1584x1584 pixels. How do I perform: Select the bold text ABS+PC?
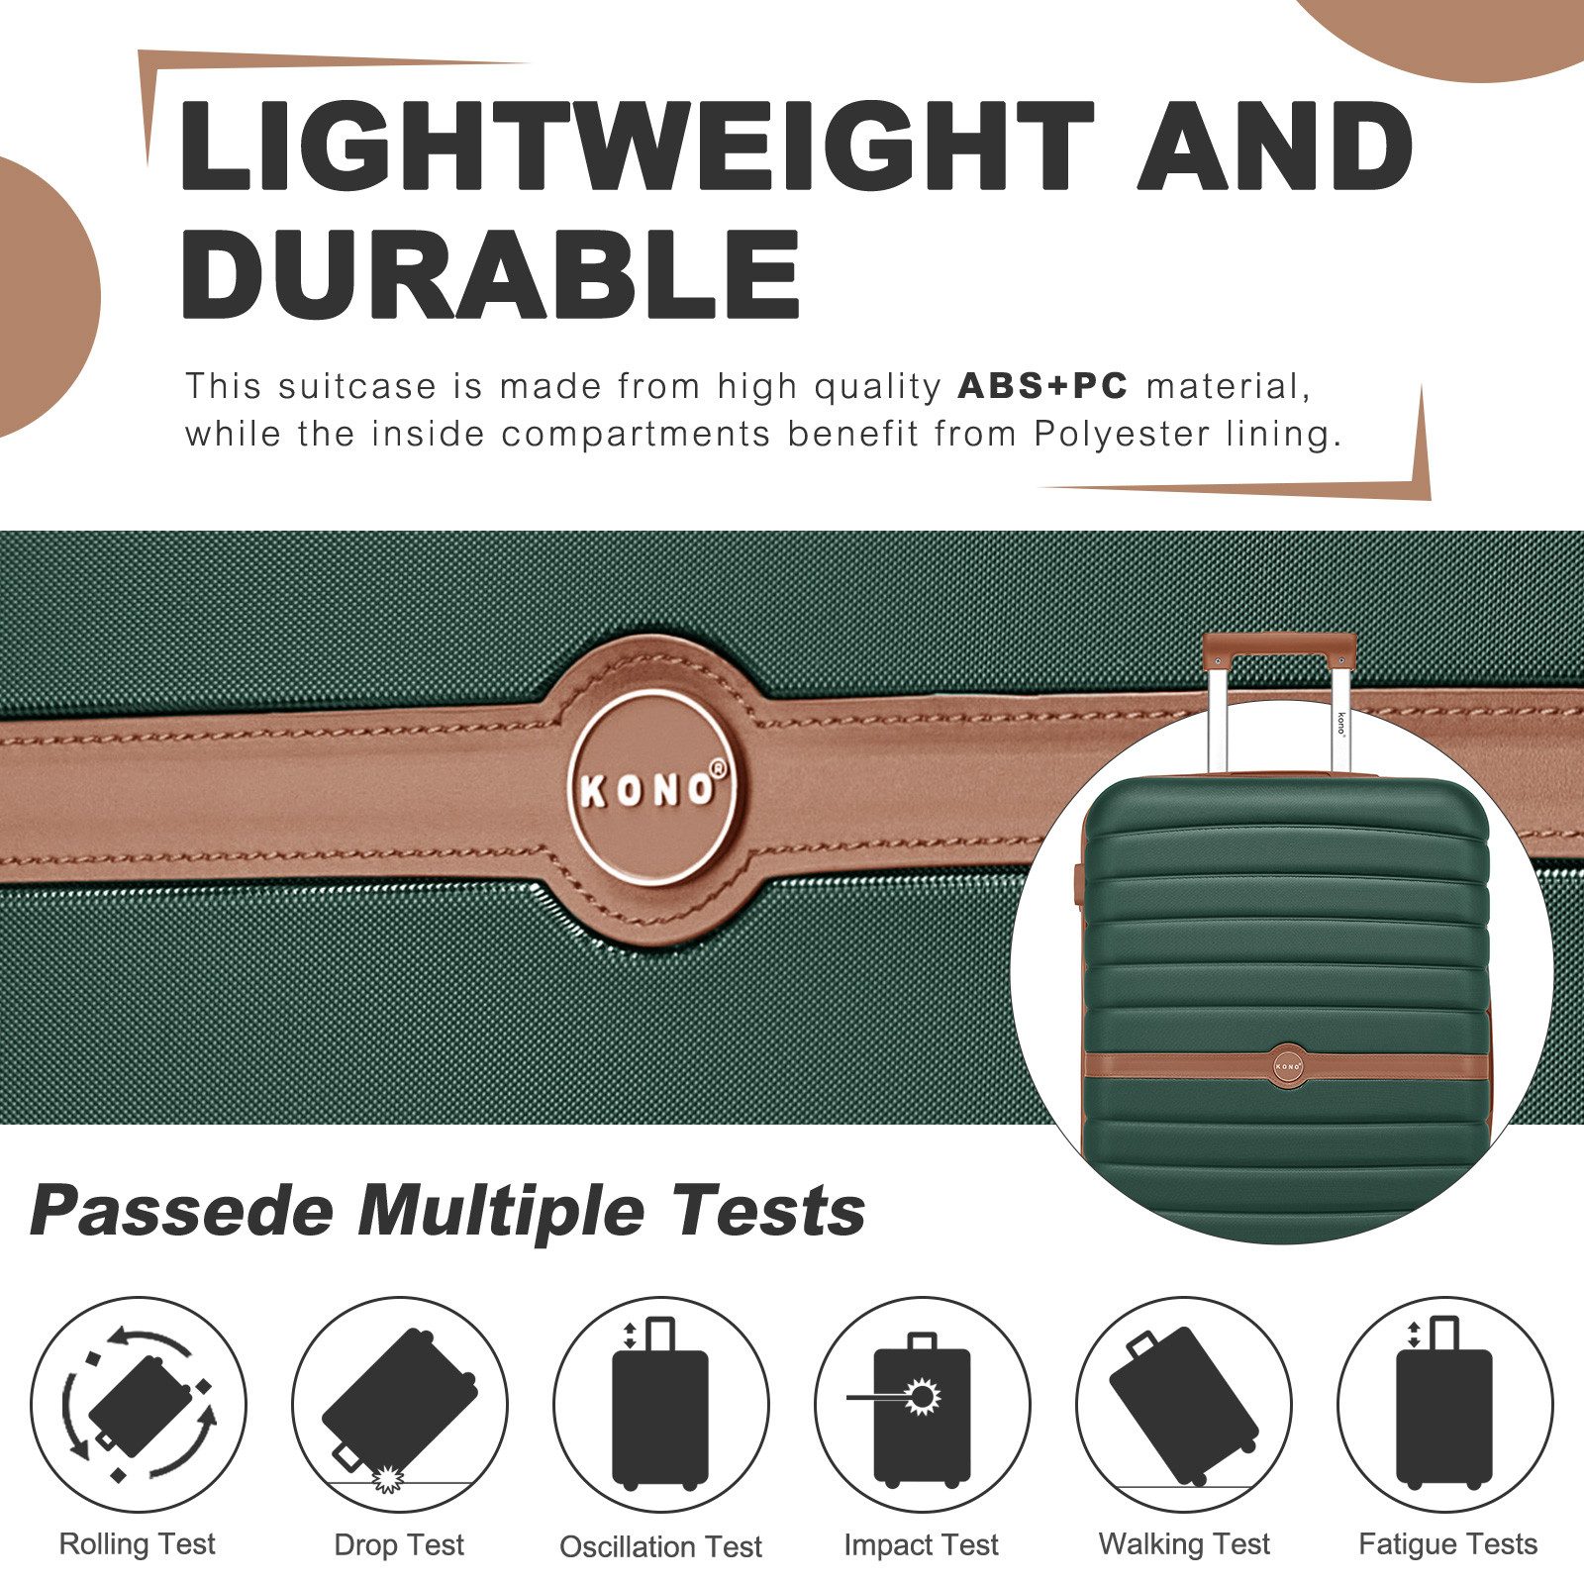1042,386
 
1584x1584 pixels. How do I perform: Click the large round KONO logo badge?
650,789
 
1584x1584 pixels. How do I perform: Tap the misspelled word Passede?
181,1211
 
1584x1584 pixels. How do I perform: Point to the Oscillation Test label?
660,1546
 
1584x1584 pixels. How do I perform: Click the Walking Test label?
1184,1544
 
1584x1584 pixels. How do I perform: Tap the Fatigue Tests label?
1447,1544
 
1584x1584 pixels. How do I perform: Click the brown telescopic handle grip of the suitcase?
1278,644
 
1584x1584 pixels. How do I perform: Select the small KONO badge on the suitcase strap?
1287,1065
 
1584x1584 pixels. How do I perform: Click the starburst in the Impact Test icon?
923,1397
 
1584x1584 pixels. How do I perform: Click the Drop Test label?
399,1545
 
